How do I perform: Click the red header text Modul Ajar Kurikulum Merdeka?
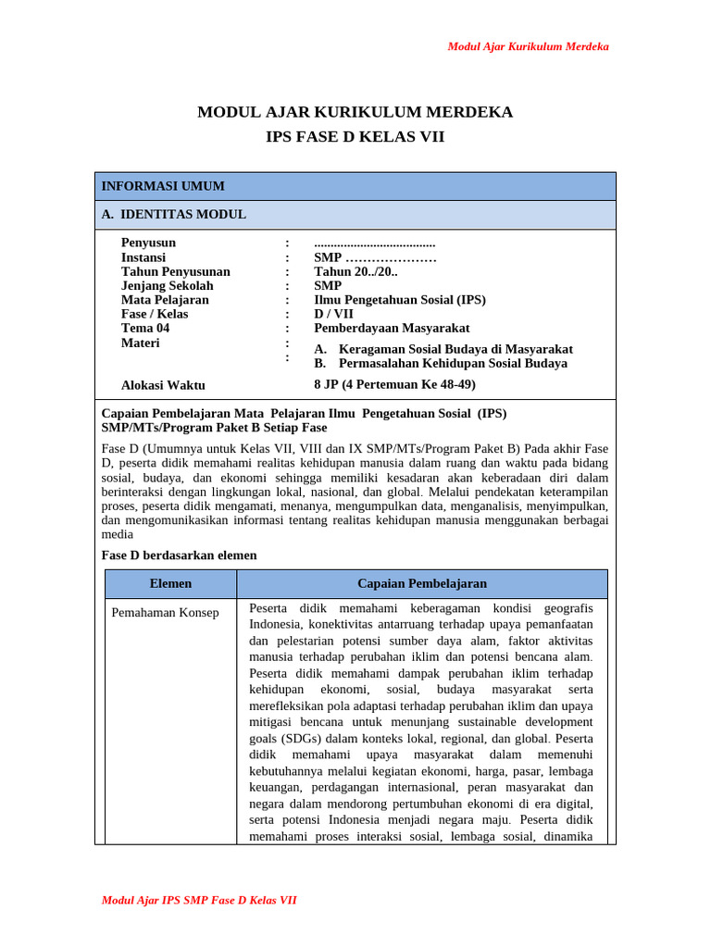coord(528,46)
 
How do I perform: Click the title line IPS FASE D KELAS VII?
coord(355,137)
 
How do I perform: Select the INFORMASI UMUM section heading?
coord(163,186)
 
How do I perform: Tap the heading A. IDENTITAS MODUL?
coord(174,215)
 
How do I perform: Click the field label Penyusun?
coord(148,243)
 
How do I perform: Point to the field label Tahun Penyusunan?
coord(176,271)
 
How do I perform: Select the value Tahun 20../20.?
coord(356,271)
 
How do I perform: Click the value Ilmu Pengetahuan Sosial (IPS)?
coord(400,300)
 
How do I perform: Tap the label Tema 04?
coord(145,328)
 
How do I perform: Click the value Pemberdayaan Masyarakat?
coord(392,328)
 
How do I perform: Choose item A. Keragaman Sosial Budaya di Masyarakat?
coord(443,349)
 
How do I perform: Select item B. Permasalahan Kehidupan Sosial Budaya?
coord(441,363)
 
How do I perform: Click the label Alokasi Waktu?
coord(163,385)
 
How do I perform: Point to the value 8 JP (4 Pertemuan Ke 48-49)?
coord(394,384)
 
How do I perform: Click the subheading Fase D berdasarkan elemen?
coord(179,555)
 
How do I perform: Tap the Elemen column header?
coord(171,583)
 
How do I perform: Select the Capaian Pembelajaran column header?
coord(422,583)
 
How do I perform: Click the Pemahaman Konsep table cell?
coord(165,613)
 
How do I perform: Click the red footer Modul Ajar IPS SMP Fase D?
coord(199,900)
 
